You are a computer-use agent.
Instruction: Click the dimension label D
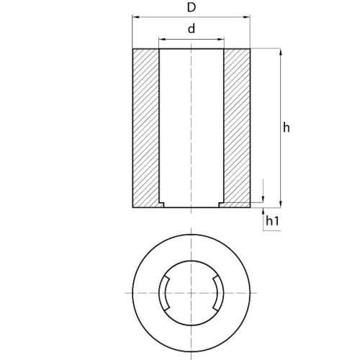pyautogui.click(x=192, y=8)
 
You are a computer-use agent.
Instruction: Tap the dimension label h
pyautogui.click(x=287, y=127)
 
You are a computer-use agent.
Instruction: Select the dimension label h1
pyautogui.click(x=272, y=220)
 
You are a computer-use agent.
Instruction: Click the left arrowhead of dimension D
pyautogui.click(x=136, y=17)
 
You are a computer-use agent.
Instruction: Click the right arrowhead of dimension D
pyautogui.click(x=247, y=17)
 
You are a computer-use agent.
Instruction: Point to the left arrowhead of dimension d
pyautogui.click(x=162, y=39)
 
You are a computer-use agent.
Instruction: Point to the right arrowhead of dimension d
pyautogui.click(x=221, y=39)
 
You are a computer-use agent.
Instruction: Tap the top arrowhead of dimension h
pyautogui.click(x=281, y=52)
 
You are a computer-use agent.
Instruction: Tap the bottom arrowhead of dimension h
pyautogui.click(x=281, y=204)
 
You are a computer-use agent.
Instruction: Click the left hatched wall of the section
pyautogui.click(x=145, y=127)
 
